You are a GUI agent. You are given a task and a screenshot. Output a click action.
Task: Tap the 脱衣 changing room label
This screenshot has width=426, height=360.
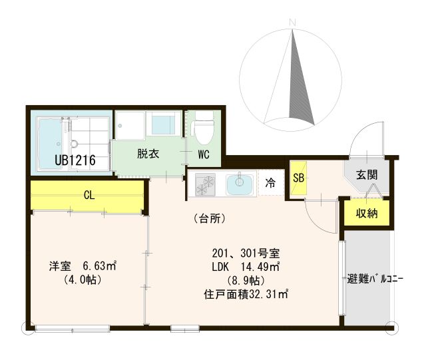pos(148,154)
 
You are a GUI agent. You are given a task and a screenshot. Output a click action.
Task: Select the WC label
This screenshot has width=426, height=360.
pos(203,154)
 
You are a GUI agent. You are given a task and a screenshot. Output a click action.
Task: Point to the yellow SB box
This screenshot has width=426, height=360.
pos(297,178)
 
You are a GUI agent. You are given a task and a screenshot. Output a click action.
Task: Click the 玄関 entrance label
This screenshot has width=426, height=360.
pos(366,175)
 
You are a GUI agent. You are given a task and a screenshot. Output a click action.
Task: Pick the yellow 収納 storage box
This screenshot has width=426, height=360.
pos(365,214)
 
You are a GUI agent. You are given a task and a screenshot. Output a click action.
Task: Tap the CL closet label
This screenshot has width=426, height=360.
pos(89,195)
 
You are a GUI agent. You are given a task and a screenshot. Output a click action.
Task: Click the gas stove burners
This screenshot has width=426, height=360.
pos(204,184)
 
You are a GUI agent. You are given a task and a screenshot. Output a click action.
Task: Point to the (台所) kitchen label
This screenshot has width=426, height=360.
pos(208,218)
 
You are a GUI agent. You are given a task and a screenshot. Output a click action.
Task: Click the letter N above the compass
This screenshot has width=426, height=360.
pos(292,24)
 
